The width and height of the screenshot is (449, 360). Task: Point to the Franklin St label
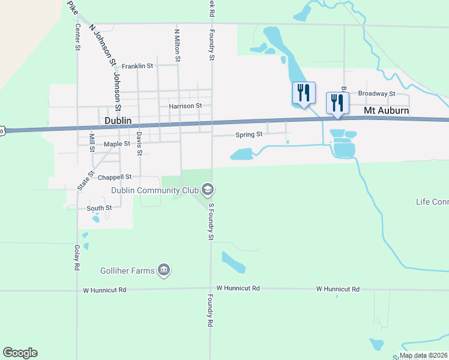click(137, 66)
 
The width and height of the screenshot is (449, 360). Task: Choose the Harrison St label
click(185, 106)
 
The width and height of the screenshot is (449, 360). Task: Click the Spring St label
click(251, 134)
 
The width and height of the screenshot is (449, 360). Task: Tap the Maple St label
click(116, 144)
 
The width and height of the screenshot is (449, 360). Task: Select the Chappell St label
click(115, 177)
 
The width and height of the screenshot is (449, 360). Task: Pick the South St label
click(99, 208)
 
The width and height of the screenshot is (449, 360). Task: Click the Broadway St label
click(376, 94)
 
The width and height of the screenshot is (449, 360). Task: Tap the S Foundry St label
click(211, 222)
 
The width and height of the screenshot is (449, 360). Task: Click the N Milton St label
click(177, 45)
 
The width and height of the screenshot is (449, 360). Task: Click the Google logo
click(20, 353)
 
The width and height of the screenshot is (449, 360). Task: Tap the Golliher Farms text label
click(127, 271)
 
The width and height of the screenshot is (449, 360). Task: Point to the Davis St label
click(139, 143)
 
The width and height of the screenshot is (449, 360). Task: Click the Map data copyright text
click(423, 355)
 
